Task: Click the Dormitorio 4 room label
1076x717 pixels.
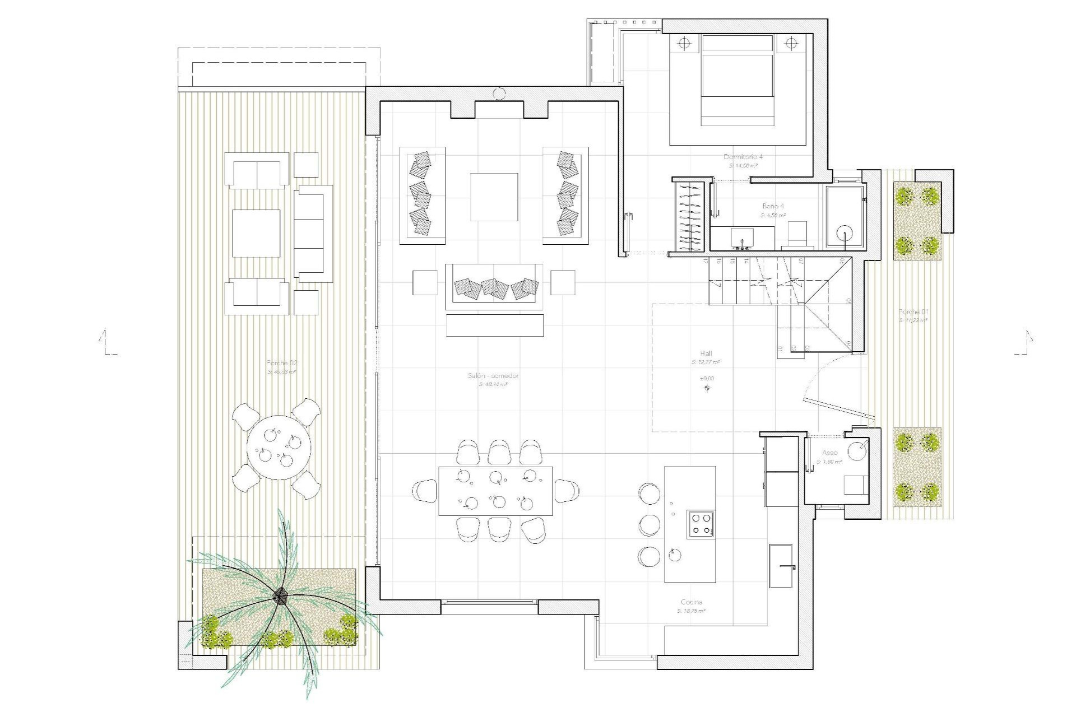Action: (743, 157)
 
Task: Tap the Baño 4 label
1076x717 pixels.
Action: (773, 206)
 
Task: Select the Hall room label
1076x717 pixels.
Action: (706, 353)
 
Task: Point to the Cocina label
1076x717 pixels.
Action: (691, 602)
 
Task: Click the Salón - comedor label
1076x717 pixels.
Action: (493, 376)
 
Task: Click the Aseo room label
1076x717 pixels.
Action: (830, 453)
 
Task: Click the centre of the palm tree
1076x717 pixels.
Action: (280, 597)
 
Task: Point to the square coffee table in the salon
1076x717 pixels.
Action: (494, 197)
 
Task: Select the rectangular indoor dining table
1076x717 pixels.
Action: (495, 491)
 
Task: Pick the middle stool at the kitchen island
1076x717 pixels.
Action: (650, 524)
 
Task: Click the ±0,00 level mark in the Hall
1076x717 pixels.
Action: (706, 379)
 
